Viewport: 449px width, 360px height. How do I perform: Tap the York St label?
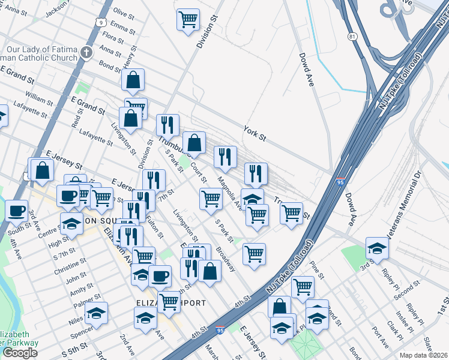point(255,133)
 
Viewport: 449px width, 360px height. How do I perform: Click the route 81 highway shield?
point(352,37)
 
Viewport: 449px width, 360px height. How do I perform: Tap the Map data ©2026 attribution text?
point(424,355)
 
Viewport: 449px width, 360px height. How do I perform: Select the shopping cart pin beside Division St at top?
point(188,20)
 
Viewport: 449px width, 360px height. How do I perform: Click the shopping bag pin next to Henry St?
point(133,80)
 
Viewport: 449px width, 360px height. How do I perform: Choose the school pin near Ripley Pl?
point(377,248)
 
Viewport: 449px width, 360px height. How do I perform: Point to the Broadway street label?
point(226,259)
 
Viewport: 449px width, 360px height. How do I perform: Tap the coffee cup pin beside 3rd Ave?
point(16,211)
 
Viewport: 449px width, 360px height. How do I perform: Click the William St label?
point(39,96)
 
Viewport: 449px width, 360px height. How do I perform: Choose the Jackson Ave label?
point(58,7)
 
